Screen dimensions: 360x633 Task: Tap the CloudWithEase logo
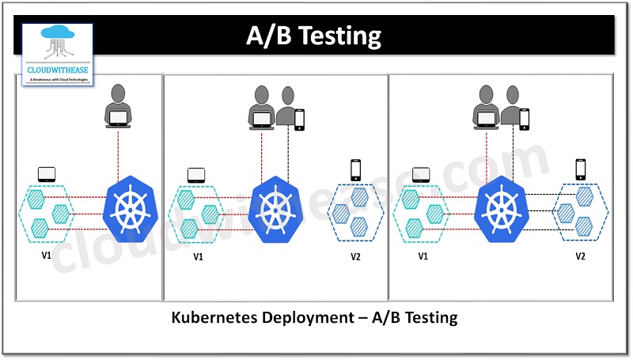tap(57, 54)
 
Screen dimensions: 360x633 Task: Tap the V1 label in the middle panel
tap(198, 256)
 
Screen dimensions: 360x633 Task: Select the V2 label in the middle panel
tap(356, 256)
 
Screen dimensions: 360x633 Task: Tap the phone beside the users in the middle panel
tap(299, 119)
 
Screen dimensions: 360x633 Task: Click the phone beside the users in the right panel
tap(524, 119)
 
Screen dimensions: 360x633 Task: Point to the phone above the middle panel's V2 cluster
tap(355, 169)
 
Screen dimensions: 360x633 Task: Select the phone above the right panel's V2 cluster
tap(581, 169)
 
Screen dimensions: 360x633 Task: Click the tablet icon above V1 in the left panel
tap(46, 173)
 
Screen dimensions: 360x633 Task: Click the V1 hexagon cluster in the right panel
tap(422, 212)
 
